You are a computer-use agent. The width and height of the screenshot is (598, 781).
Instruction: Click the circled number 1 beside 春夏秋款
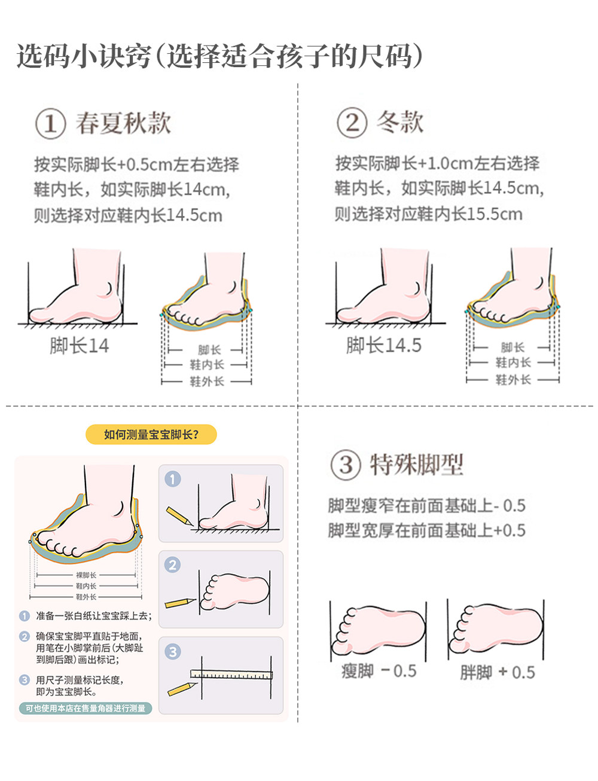click(50, 124)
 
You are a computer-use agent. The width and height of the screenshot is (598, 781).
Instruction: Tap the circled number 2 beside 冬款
click(352, 123)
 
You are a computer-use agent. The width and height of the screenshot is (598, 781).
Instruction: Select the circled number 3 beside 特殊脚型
click(346, 465)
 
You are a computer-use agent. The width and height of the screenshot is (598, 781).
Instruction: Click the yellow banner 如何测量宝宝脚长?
click(151, 434)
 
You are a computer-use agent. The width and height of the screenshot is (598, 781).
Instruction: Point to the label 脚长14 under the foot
click(79, 346)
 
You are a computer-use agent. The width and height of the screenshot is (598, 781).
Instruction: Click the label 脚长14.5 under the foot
click(383, 345)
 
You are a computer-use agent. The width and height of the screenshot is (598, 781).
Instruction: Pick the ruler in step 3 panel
click(231, 675)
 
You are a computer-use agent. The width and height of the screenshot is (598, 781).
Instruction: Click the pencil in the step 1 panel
click(179, 516)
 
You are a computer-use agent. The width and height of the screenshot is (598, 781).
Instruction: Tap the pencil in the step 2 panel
click(180, 603)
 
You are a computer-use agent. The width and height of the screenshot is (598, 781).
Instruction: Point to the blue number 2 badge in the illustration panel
click(172, 565)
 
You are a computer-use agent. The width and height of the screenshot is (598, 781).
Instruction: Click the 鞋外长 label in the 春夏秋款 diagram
click(207, 382)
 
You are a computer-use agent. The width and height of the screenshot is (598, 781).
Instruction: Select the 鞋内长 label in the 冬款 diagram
click(513, 362)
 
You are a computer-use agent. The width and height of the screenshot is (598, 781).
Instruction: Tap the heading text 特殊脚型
click(417, 465)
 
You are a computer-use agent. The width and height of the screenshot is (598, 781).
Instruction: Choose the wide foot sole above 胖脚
click(496, 629)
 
